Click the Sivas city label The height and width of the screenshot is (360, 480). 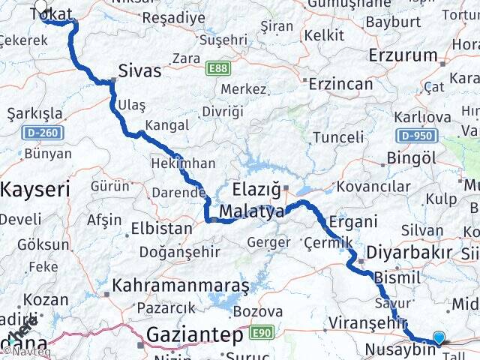click(x=139, y=71)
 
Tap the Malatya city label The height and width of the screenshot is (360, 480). click(x=251, y=212)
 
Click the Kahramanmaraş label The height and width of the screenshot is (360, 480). click(x=181, y=286)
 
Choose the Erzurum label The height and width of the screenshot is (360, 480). click(x=403, y=55)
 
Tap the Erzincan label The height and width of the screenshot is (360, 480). click(x=340, y=83)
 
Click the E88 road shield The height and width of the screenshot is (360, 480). click(x=218, y=68)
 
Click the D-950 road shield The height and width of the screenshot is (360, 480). click(x=414, y=136)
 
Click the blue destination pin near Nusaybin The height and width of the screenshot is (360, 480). click(x=439, y=338)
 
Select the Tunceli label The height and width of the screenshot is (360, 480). click(x=337, y=137)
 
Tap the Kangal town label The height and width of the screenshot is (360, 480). click(x=166, y=124)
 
